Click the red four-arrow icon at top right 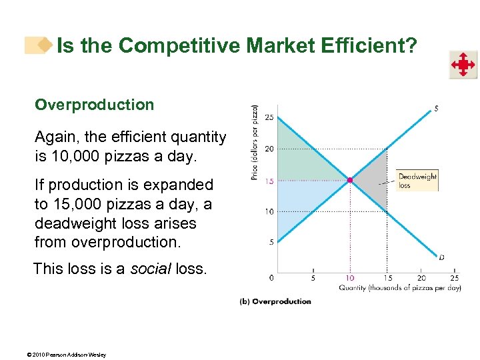click(x=462, y=65)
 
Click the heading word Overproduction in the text click(x=94, y=105)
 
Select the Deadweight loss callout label click(x=417, y=181)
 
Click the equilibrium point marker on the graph click(x=349, y=180)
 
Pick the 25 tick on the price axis click(x=269, y=117)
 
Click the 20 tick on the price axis click(x=269, y=149)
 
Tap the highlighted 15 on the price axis click(x=269, y=180)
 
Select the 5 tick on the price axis click(x=271, y=243)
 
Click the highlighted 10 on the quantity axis click(x=349, y=278)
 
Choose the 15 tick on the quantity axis click(x=387, y=278)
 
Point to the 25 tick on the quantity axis click(x=455, y=278)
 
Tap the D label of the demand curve click(x=442, y=257)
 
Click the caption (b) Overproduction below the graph click(x=275, y=301)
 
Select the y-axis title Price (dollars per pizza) click(x=254, y=143)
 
